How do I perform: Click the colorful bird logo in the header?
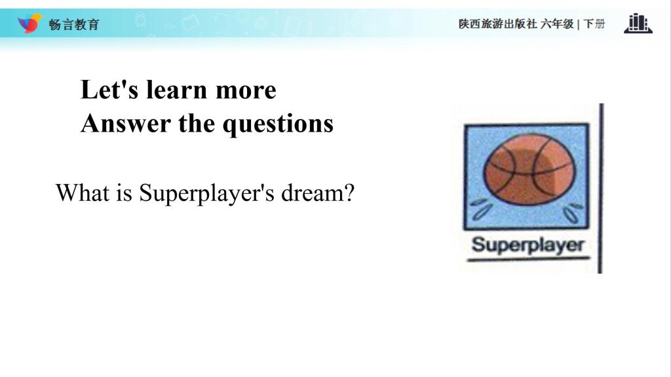click(x=29, y=23)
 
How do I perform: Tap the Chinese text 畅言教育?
click(x=74, y=24)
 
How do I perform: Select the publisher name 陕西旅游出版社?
click(x=498, y=24)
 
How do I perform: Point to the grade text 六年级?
click(x=557, y=24)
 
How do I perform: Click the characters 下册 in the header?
click(x=594, y=24)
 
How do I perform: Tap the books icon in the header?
click(x=638, y=23)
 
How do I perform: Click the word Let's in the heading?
click(x=109, y=90)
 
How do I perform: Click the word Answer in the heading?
click(x=126, y=124)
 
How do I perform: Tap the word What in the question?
click(x=82, y=193)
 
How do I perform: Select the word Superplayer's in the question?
click(x=206, y=194)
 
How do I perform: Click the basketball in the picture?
click(x=529, y=170)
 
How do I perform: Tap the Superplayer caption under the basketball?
click(x=528, y=245)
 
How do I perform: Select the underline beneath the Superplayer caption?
click(x=529, y=259)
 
